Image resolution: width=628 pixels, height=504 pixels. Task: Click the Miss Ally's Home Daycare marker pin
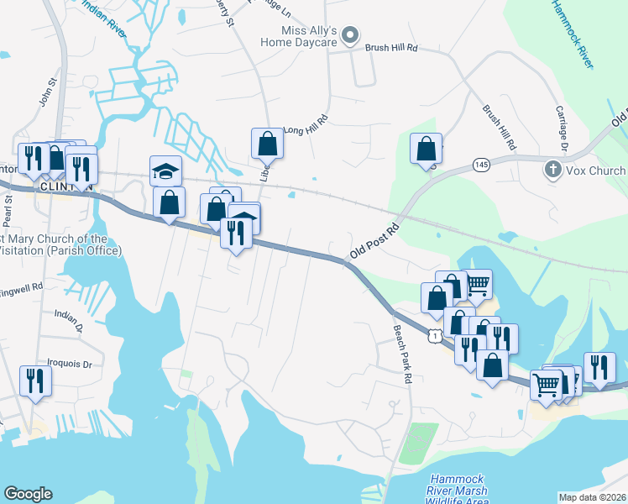pos(352,35)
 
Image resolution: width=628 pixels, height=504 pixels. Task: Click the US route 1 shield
pos(434,335)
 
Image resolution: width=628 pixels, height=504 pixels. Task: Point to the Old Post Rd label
pos(374,241)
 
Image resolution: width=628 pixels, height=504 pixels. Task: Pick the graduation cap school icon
pos(165,171)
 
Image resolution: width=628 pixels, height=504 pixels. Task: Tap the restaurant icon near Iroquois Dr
pos(35,379)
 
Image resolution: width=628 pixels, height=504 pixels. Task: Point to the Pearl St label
pos(8,212)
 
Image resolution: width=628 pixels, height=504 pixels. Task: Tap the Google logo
pos(28,494)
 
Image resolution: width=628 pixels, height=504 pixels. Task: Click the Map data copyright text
pos(592,497)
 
